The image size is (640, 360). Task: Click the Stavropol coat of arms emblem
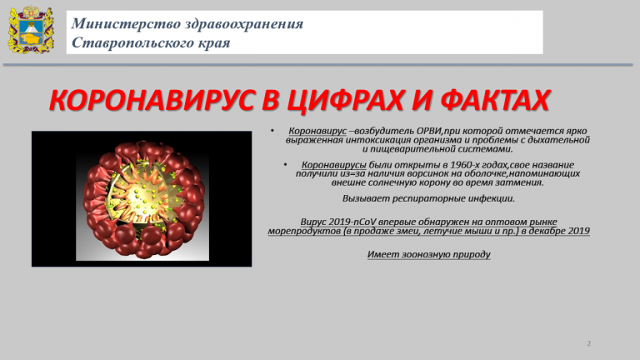(x=31, y=30)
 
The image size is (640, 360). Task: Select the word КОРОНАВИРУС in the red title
(x=151, y=100)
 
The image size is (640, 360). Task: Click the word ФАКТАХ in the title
(x=495, y=100)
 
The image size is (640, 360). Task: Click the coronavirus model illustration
(x=142, y=199)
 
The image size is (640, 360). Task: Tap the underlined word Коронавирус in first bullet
(x=317, y=131)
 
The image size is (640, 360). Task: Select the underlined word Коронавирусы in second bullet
(x=334, y=165)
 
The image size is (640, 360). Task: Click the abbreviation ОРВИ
(x=429, y=131)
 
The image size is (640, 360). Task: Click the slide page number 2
(x=588, y=343)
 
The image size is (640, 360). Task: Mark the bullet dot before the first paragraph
(x=272, y=131)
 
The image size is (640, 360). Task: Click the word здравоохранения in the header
(x=244, y=23)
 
